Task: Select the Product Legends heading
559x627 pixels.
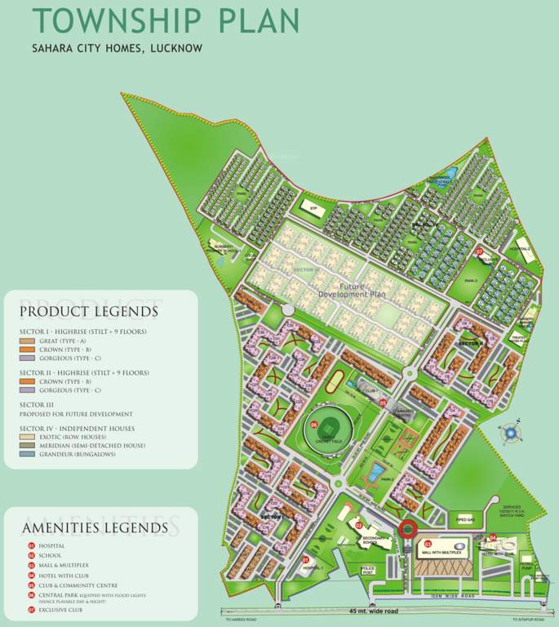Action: [x=89, y=311]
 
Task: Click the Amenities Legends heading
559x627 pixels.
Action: [x=95, y=528]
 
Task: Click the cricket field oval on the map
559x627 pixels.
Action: [x=326, y=428]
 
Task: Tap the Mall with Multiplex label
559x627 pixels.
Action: [x=444, y=553]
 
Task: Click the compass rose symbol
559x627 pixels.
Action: [x=512, y=433]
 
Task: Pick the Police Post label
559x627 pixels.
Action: [x=368, y=571]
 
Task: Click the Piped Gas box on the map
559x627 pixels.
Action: [x=465, y=519]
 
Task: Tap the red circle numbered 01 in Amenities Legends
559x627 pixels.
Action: [x=31, y=545]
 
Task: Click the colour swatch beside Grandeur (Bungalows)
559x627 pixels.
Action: [x=27, y=454]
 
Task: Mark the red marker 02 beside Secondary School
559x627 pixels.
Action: [x=358, y=525]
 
